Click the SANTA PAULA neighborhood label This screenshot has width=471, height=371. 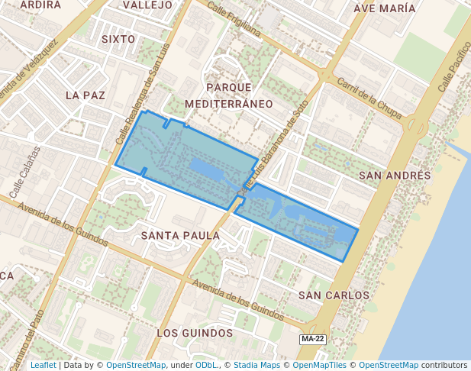point(180,236)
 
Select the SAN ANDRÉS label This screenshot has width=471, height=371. point(395,176)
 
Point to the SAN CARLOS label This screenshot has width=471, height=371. point(334,295)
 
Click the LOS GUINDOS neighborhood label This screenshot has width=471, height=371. point(194,333)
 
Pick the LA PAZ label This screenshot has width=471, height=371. point(85,95)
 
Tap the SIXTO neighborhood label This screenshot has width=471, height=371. point(118,39)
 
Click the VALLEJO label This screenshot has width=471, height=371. point(147,5)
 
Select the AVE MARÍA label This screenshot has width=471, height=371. point(386,8)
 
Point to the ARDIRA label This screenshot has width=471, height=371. point(40,5)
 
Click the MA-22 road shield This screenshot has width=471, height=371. point(313,338)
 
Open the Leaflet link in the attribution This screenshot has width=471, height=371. point(43,365)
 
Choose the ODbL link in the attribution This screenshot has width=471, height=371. point(206,365)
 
